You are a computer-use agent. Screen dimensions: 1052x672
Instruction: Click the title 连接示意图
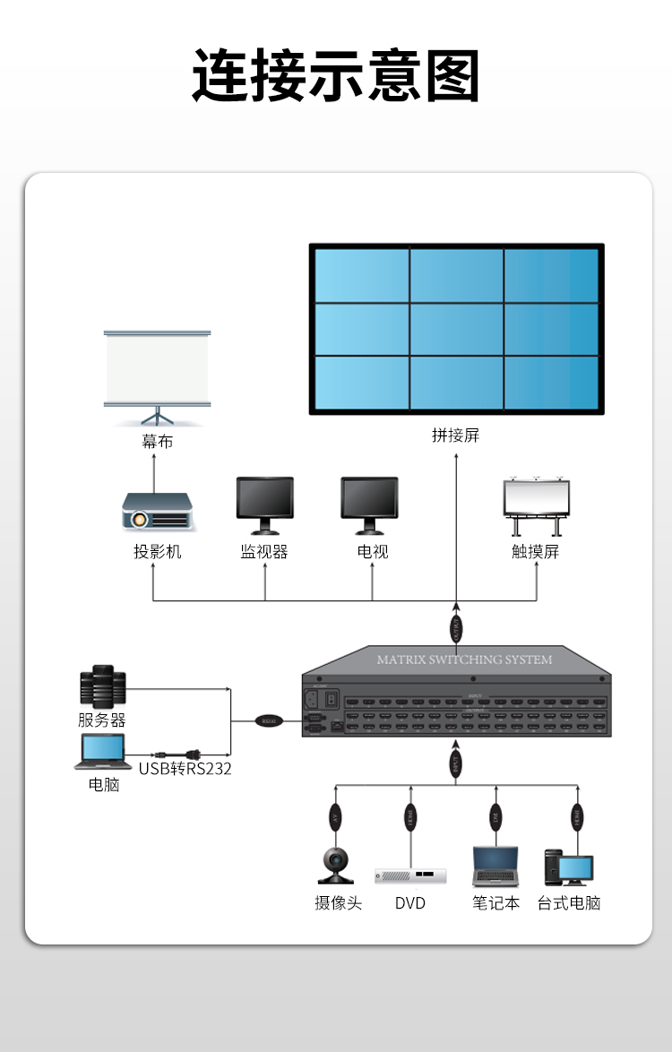(x=336, y=76)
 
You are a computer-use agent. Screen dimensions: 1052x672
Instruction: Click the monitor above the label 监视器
(x=264, y=504)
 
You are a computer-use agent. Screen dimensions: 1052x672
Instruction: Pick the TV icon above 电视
(x=369, y=504)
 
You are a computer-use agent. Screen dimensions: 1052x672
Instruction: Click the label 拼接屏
(x=455, y=435)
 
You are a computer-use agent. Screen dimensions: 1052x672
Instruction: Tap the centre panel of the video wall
(x=456, y=329)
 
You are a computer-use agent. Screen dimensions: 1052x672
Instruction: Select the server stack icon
(x=101, y=687)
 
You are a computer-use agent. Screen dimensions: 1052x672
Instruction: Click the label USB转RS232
(x=185, y=768)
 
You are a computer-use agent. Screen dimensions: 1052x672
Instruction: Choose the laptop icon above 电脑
(x=101, y=752)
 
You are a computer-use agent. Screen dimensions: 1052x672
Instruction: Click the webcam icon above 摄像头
(x=336, y=864)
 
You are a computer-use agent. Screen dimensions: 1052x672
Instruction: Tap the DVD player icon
(x=410, y=875)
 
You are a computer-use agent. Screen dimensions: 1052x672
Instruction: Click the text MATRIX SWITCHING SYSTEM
(x=464, y=660)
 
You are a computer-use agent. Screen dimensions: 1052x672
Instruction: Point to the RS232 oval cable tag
(x=268, y=720)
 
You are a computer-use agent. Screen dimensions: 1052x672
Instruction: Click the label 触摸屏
(x=536, y=552)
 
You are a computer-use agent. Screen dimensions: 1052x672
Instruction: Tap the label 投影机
(x=158, y=552)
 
